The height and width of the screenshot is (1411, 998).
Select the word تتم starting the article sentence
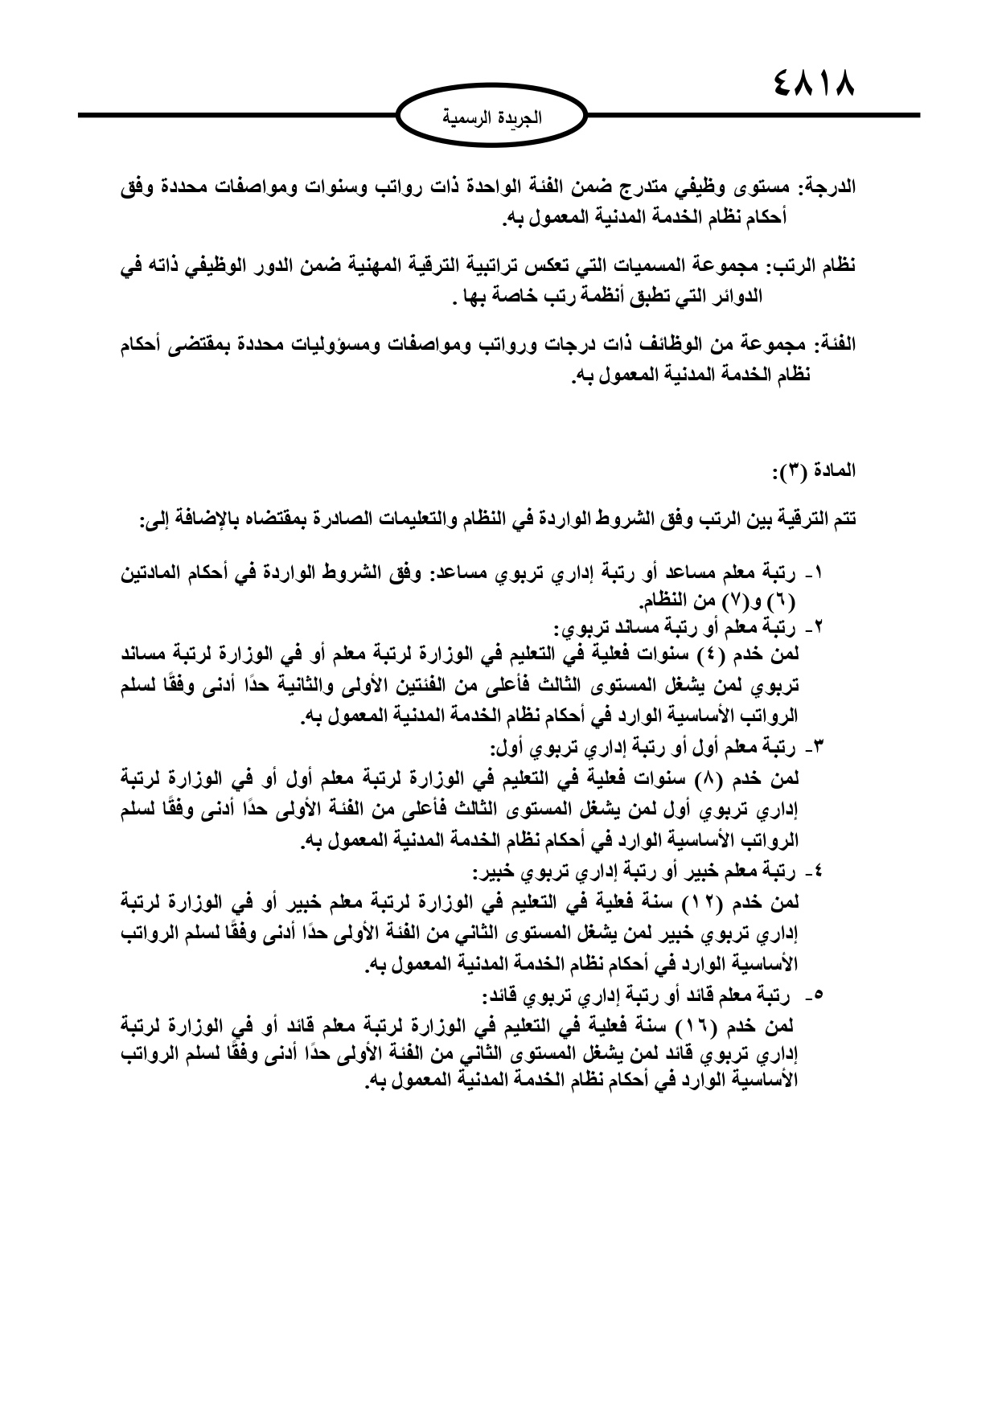coord(840,521)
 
